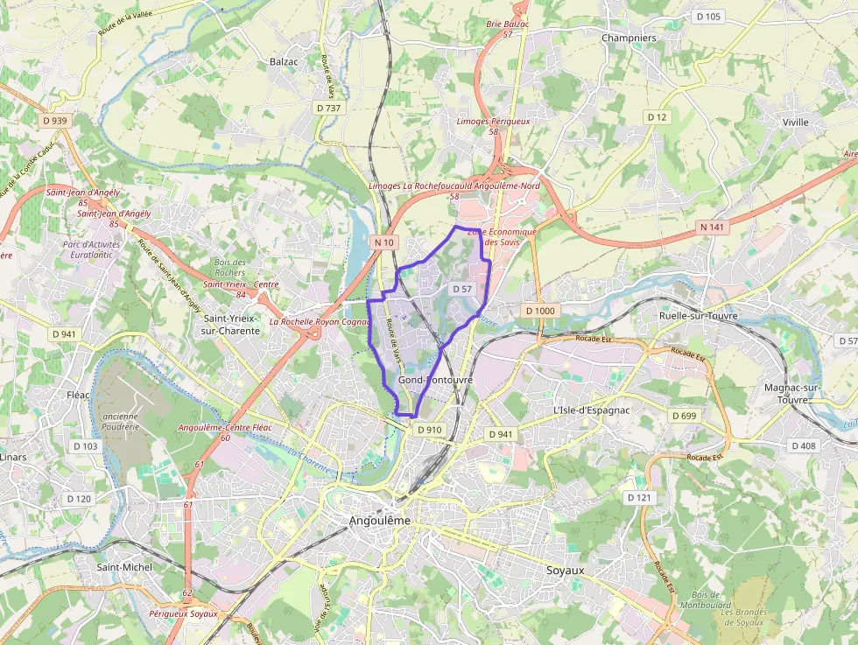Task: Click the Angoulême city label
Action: [x=379, y=521]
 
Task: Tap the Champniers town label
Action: [x=629, y=39]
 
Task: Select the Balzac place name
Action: [x=284, y=61]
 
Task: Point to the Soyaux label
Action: [x=565, y=570]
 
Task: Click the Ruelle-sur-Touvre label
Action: [x=698, y=316]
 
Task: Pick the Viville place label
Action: [x=796, y=123]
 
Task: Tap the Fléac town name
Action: [x=78, y=395]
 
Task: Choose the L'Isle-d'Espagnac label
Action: [x=591, y=410]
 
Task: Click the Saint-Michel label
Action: [x=123, y=567]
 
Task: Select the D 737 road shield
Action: [x=328, y=108]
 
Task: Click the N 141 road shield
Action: [x=712, y=227]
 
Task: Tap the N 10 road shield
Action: [x=384, y=242]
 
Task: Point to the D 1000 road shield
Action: [x=539, y=311]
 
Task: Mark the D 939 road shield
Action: [x=54, y=121]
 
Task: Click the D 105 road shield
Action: [x=707, y=17]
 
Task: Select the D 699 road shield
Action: [x=686, y=416]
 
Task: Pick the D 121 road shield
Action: [x=640, y=497]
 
